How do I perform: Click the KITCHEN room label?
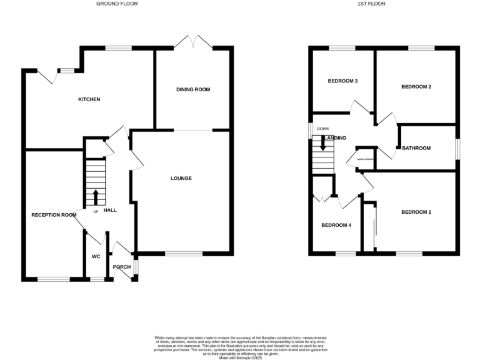pyautogui.click(x=89, y=99)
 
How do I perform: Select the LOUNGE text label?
pyautogui.click(x=181, y=178)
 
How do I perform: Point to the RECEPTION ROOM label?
pyautogui.click(x=54, y=215)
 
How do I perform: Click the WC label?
pyautogui.click(x=96, y=256)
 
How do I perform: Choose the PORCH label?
pyautogui.click(x=121, y=267)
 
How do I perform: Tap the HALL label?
pyautogui.click(x=110, y=211)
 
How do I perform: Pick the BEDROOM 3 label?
pyautogui.click(x=342, y=81)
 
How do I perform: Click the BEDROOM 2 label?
pyautogui.click(x=416, y=87)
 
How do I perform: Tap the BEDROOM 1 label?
pyautogui.click(x=416, y=212)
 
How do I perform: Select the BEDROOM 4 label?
pyautogui.click(x=336, y=225)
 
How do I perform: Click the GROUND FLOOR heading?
pyautogui.click(x=117, y=4)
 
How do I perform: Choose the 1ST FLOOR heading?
pyautogui.click(x=372, y=4)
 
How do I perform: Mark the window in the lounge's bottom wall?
pyautogui.click(x=184, y=254)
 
